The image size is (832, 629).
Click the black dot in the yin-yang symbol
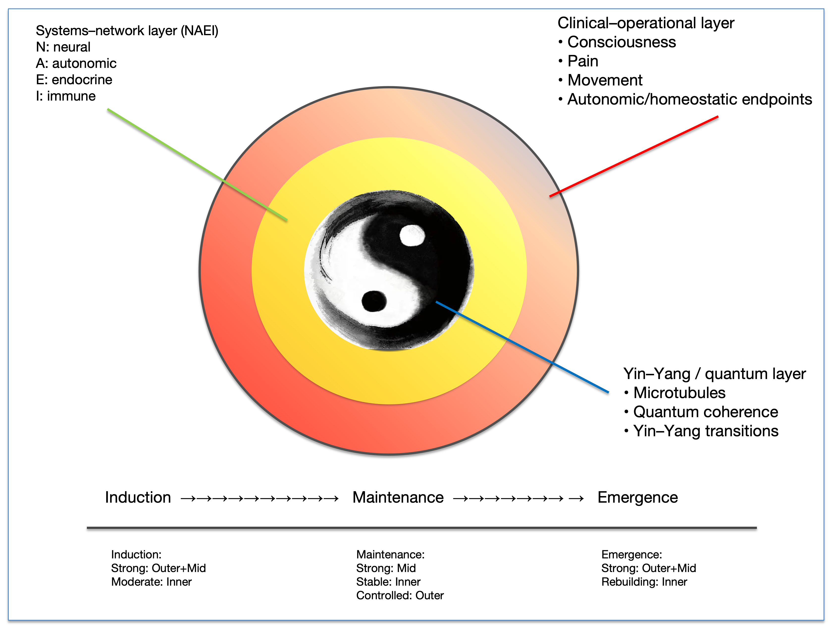(x=374, y=301)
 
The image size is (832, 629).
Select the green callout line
(x=197, y=164)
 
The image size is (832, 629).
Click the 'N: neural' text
(x=63, y=47)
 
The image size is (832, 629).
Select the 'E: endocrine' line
(x=74, y=80)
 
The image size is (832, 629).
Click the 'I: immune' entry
(x=66, y=96)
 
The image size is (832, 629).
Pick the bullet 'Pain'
(x=583, y=61)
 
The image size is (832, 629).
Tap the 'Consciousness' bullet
(x=621, y=42)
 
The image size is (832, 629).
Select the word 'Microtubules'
(x=679, y=393)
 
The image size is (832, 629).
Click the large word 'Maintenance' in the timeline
(x=398, y=497)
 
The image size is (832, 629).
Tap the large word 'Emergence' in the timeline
(x=638, y=497)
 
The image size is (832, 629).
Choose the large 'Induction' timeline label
(x=138, y=497)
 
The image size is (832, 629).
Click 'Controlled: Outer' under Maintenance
(x=400, y=596)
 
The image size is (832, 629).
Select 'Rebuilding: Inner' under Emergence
(x=644, y=582)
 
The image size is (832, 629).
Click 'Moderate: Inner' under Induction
(x=151, y=582)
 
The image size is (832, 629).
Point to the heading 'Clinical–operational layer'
(x=646, y=23)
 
